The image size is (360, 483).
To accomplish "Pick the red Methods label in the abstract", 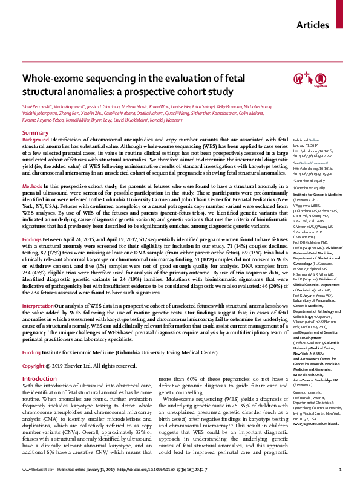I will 32,187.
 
